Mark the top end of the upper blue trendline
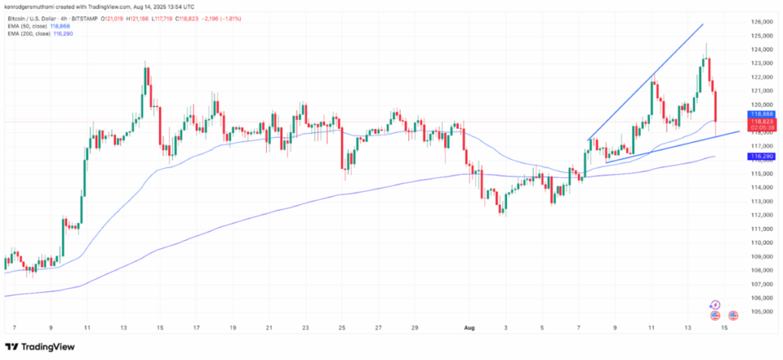(703, 24)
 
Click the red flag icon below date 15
(733, 315)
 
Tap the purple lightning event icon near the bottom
(716, 304)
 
